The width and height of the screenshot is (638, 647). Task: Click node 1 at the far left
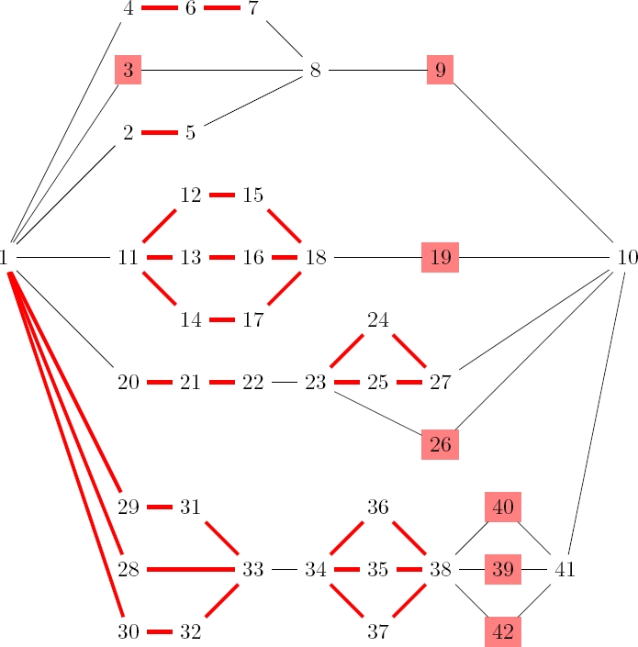point(6,258)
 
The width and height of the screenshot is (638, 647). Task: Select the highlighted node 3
point(128,70)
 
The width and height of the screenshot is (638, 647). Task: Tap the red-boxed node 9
point(440,70)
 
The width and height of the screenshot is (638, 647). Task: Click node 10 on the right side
point(627,258)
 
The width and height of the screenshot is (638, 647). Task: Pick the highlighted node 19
point(440,258)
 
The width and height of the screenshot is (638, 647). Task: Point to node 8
point(315,70)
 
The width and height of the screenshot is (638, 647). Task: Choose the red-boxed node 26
point(440,445)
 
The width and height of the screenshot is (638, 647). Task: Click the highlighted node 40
point(502,507)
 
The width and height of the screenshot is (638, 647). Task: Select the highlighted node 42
point(502,631)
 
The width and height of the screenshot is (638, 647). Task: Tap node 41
point(565,569)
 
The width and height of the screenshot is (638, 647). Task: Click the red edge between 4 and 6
point(159,8)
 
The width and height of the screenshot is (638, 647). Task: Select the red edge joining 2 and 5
point(159,132)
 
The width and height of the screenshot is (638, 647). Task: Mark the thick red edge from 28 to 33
point(190,569)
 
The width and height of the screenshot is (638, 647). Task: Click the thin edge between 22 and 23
point(284,382)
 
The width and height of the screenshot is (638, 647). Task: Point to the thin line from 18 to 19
point(376,258)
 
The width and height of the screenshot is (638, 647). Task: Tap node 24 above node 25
point(377,320)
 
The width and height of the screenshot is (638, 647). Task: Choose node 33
point(252,569)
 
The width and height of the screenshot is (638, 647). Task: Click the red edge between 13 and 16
point(221,258)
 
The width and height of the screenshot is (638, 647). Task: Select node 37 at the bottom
point(377,631)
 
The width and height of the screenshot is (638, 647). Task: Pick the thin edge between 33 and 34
point(284,569)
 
